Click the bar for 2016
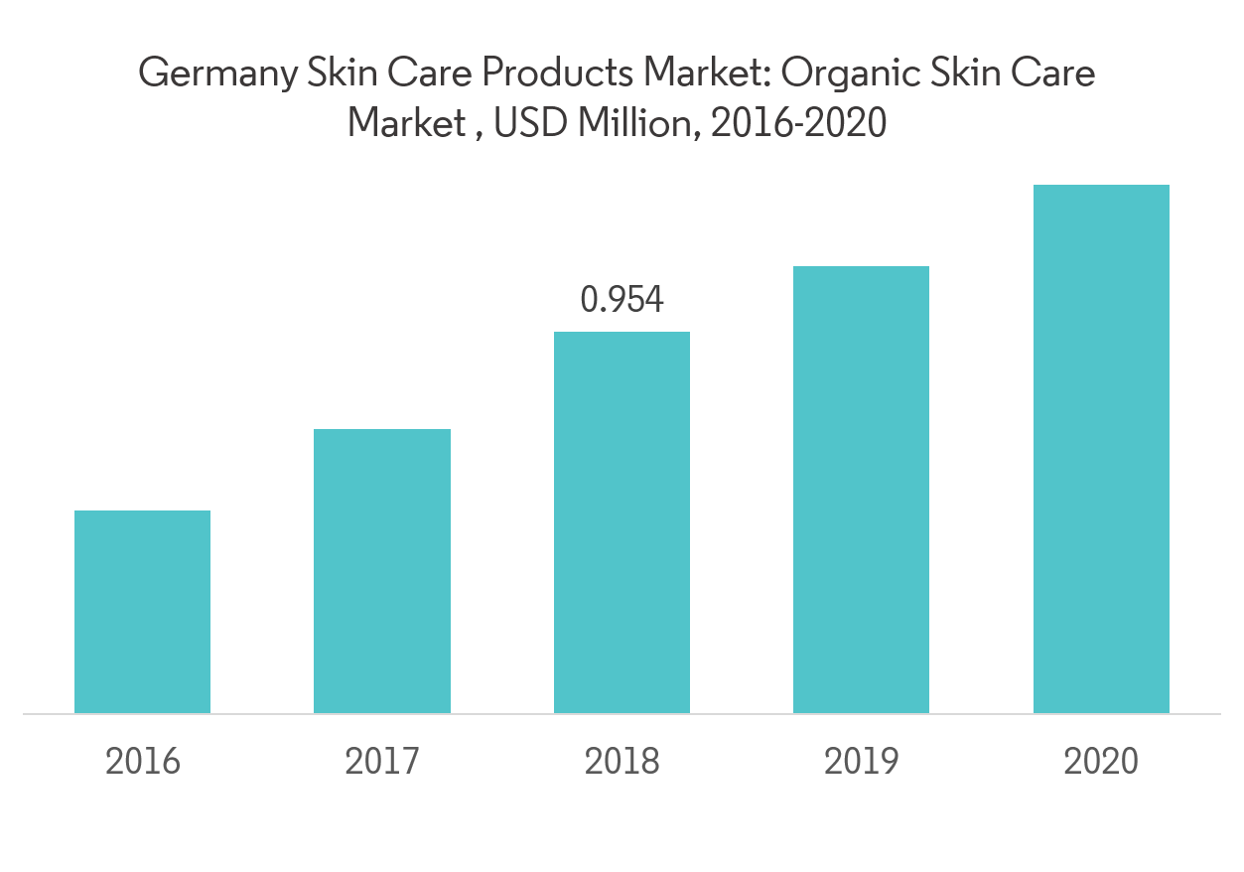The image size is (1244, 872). (142, 612)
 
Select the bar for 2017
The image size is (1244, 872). (382, 571)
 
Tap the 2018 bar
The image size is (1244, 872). (622, 522)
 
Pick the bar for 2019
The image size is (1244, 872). (861, 490)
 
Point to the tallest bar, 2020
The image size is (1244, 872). (1101, 449)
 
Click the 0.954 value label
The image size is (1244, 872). (622, 299)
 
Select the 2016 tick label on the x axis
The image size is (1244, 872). (143, 762)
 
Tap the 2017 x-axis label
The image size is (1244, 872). (382, 762)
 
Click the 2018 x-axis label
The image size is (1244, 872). (622, 762)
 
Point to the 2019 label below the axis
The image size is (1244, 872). (862, 762)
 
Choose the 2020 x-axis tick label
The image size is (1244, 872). (1101, 762)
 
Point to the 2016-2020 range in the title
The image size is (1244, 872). (797, 124)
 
